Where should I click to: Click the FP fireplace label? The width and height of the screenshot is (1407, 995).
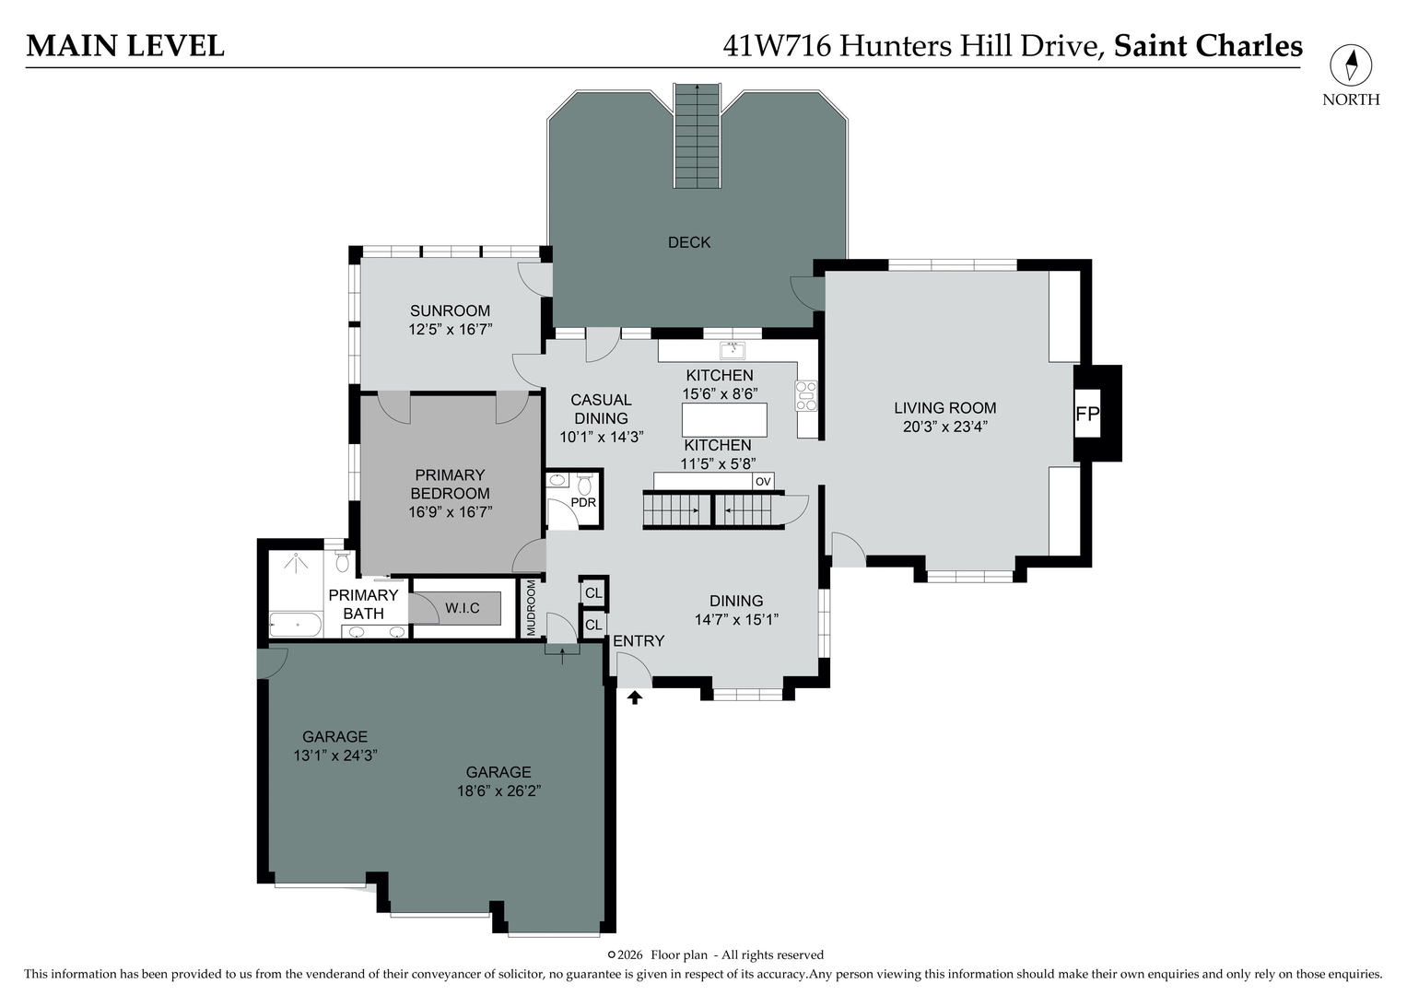tap(1087, 415)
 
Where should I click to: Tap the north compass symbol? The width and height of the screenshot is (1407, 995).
tap(1351, 66)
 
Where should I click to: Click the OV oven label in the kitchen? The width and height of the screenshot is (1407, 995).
tap(763, 481)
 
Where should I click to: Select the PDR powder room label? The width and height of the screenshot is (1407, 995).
tap(583, 503)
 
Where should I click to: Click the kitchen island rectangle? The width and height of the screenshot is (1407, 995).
tap(724, 420)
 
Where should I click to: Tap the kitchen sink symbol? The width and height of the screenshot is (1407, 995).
tap(733, 349)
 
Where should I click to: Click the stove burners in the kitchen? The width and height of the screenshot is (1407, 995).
tap(806, 395)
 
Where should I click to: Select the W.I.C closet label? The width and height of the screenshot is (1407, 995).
tap(462, 608)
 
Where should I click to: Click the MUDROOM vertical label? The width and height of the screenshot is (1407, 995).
tap(531, 608)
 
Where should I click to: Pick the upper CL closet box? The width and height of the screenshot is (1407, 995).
tap(593, 592)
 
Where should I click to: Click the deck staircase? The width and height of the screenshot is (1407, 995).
tap(697, 135)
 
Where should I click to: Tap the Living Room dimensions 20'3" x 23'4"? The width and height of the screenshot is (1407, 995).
tap(944, 427)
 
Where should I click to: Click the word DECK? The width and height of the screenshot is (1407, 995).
tap(689, 242)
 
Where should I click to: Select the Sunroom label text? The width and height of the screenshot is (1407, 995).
tap(450, 310)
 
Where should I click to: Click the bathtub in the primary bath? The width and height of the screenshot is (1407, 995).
tap(295, 626)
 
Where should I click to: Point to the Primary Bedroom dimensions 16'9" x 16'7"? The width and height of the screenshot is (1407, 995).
tap(450, 511)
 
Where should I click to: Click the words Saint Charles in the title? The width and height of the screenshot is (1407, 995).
tap(1208, 46)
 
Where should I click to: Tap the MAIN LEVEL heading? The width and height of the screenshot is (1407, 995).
tap(125, 46)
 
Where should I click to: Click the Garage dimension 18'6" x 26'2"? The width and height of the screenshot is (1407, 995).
tap(498, 790)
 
